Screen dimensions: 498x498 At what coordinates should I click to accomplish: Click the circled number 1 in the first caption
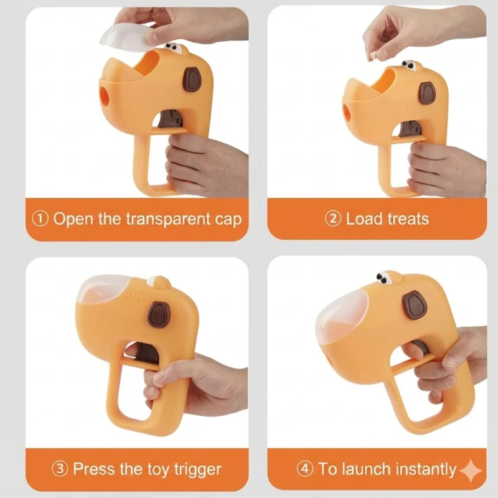point(40,219)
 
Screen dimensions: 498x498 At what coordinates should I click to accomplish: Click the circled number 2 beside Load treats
point(333,219)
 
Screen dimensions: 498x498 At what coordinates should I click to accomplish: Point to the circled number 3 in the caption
point(60,469)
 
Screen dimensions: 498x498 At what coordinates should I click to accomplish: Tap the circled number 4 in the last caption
point(305,469)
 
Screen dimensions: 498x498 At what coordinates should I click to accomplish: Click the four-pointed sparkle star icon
point(471,471)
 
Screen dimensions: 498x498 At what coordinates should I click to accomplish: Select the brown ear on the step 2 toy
point(428,93)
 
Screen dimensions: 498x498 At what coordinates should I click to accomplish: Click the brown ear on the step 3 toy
point(159,315)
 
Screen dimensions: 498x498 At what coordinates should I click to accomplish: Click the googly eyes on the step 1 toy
point(173,47)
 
